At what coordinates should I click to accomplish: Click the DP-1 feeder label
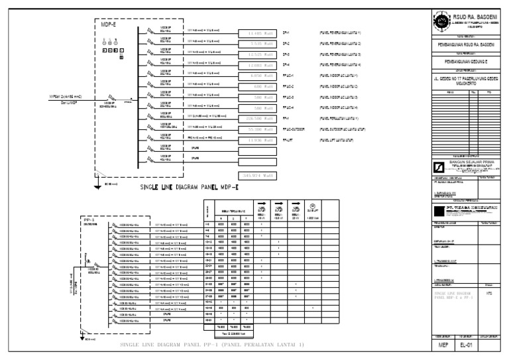[x=286, y=32]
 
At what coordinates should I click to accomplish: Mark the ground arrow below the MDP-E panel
[x=97, y=177]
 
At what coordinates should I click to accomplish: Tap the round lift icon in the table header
[x=311, y=206]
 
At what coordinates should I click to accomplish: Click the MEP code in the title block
[x=442, y=345]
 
